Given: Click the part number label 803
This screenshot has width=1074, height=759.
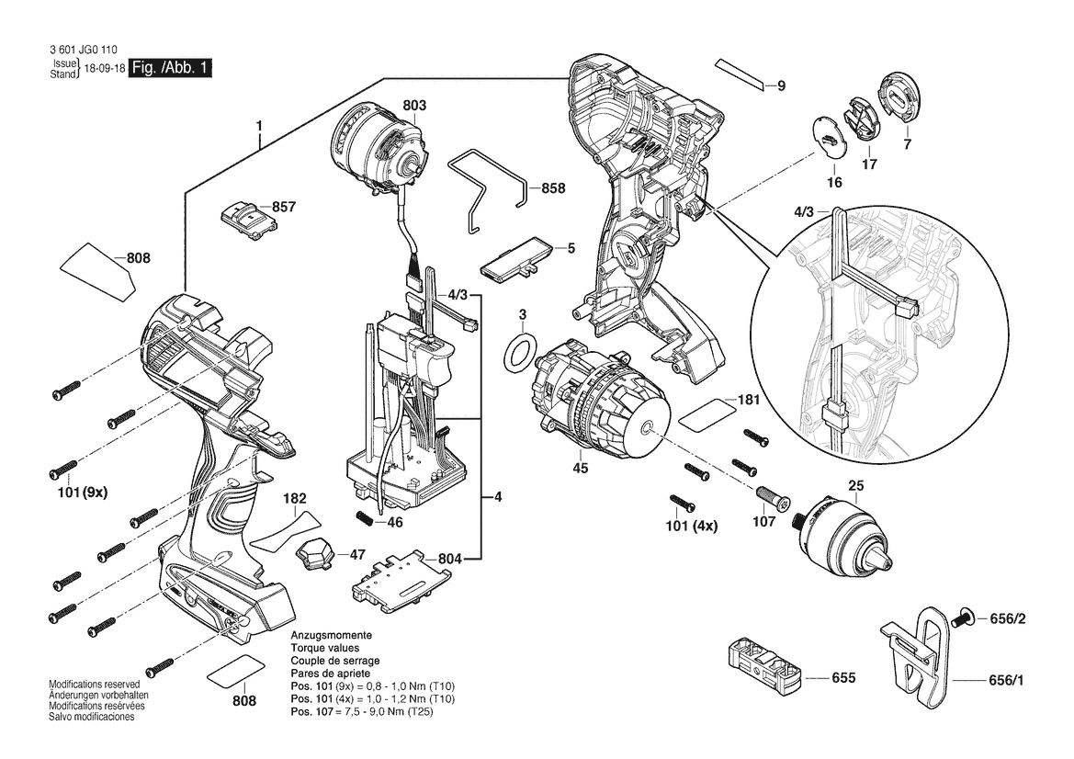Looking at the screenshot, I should (413, 106).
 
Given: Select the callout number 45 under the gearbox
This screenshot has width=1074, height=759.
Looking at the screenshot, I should (580, 469).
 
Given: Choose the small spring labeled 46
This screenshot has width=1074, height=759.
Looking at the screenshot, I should (367, 517).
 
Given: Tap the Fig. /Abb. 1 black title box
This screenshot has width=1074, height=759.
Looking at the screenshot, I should (171, 69).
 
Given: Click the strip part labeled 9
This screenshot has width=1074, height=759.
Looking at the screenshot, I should (741, 74).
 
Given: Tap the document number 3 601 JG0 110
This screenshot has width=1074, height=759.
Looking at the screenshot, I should (78, 51).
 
